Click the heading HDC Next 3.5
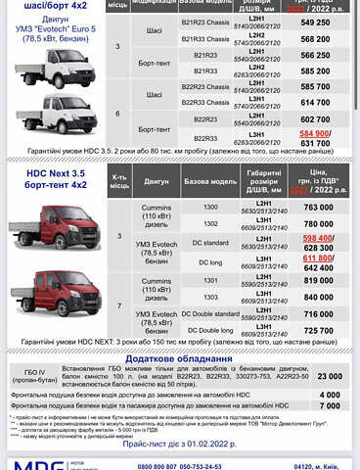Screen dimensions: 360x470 pos(51,172)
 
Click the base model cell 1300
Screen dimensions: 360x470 pos(208,209)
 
